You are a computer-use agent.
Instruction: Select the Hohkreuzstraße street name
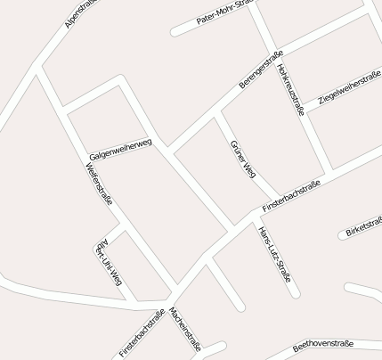click(x=290, y=90)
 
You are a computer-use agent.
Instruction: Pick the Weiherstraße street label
click(x=99, y=185)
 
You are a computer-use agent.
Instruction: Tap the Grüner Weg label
click(x=242, y=160)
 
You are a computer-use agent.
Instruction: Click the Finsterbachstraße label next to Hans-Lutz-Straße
click(x=290, y=197)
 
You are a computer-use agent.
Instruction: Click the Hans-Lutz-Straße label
click(x=274, y=253)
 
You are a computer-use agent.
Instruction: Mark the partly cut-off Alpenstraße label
click(x=81, y=14)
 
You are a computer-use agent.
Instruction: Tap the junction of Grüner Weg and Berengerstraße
click(x=217, y=111)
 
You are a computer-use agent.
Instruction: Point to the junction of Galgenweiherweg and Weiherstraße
click(x=67, y=114)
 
